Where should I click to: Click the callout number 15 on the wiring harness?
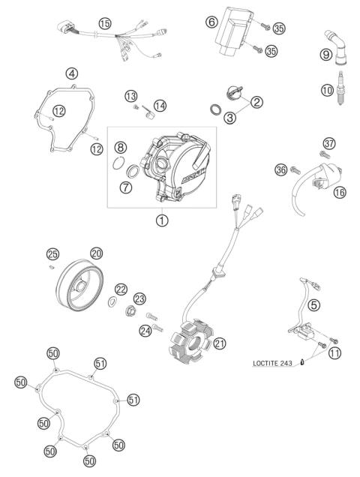click(x=105, y=24)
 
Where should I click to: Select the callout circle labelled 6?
click(x=211, y=22)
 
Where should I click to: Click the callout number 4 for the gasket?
click(x=72, y=73)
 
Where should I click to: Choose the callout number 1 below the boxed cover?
click(x=161, y=220)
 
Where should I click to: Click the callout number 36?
click(x=280, y=170)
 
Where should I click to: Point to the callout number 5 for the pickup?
click(x=313, y=304)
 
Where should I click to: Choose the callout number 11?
click(x=334, y=352)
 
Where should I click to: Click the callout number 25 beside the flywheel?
click(x=52, y=253)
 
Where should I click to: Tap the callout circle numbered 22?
click(x=121, y=289)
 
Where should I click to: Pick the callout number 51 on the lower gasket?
click(x=133, y=399)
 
